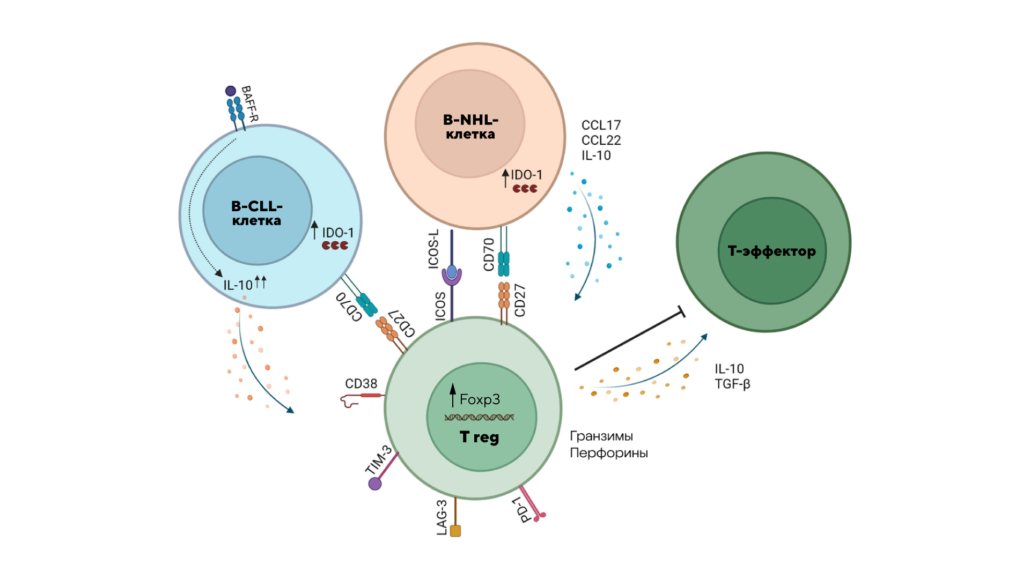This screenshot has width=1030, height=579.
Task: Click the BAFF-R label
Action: [x=250, y=103]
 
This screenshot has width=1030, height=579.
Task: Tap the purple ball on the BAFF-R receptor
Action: [x=231, y=91]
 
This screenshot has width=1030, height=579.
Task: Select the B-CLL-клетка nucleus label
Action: [x=257, y=213]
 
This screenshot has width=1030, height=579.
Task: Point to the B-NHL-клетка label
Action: [x=470, y=127]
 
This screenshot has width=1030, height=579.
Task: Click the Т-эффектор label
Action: [x=771, y=251]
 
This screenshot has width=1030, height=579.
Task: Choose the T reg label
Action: [x=480, y=437]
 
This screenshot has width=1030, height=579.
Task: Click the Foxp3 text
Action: [x=480, y=399]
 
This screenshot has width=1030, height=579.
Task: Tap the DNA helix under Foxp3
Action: [x=479, y=417]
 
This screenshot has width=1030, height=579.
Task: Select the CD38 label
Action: [x=361, y=384]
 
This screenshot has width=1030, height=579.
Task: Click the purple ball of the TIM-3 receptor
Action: [x=375, y=484]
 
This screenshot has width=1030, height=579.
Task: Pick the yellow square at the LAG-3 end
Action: [x=455, y=531]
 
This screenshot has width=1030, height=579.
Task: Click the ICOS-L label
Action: [x=433, y=249]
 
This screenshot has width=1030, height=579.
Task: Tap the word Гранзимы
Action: [x=601, y=436]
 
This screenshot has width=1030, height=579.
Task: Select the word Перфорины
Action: [x=609, y=453]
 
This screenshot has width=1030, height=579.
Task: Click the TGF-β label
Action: [x=732, y=384]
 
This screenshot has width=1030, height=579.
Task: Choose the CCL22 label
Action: [x=601, y=140]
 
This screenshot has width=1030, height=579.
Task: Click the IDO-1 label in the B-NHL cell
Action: [x=526, y=175]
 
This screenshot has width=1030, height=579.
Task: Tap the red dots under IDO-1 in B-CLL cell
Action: [x=335, y=246]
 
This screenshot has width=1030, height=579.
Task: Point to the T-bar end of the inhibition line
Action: [x=682, y=312]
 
